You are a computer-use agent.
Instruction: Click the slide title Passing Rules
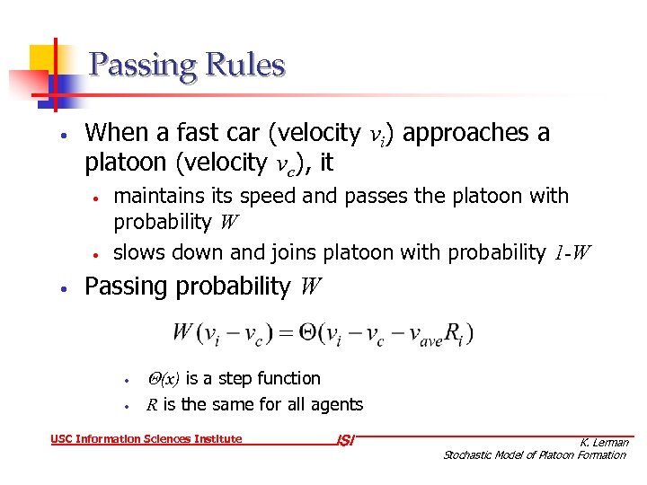(x=187, y=66)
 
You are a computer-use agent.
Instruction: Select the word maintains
(x=153, y=196)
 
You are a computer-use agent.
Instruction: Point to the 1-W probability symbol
(x=572, y=253)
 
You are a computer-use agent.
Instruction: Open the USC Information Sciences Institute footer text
(x=146, y=439)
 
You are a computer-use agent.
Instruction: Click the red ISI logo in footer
(x=344, y=440)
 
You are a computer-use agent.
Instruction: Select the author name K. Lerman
(x=604, y=442)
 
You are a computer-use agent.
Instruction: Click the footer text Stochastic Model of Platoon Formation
(x=535, y=455)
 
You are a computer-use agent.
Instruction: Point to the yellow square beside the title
(x=43, y=59)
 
